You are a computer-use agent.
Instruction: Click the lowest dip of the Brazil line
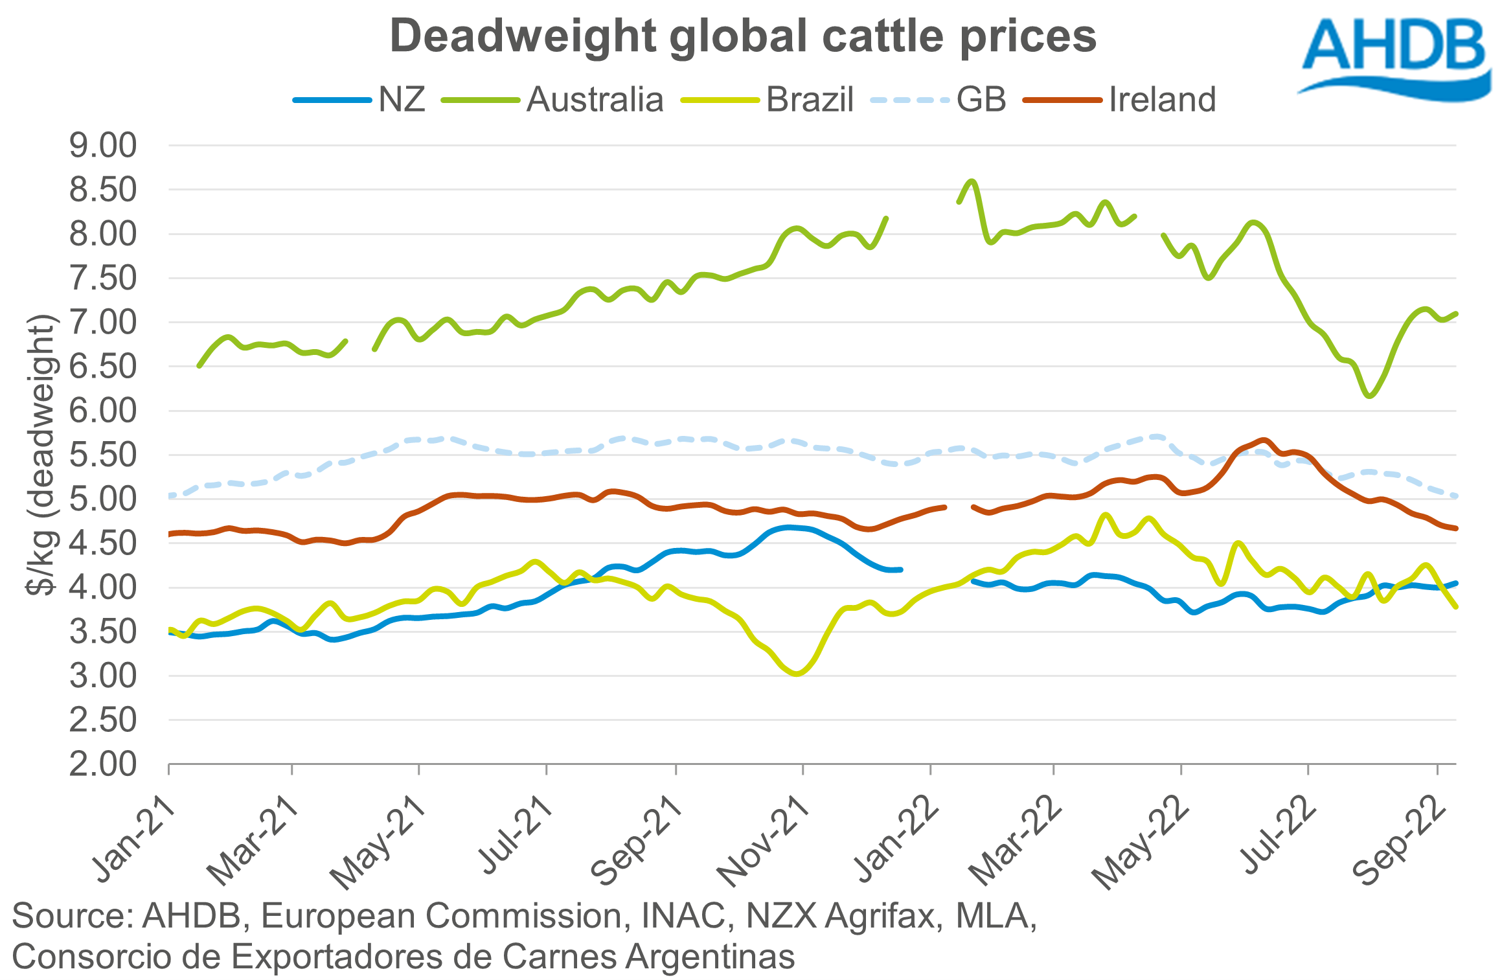pos(797,674)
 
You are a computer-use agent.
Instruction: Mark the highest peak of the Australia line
pos(972,181)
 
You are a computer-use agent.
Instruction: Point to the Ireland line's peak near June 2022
pos(1264,440)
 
